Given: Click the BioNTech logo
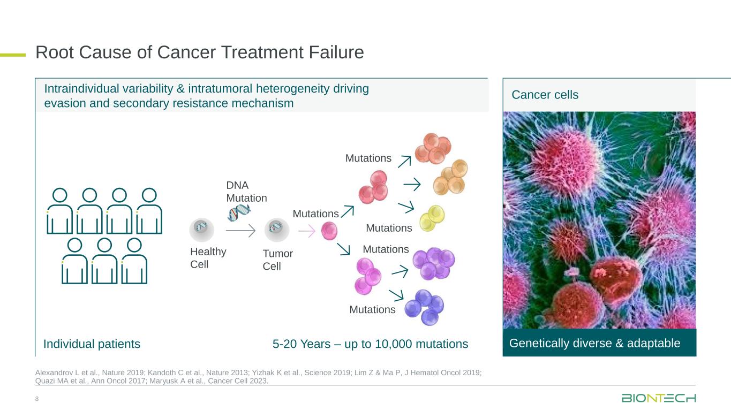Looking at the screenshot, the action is point(659,398).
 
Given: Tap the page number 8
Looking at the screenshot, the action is point(37,399).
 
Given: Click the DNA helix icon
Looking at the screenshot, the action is point(239,212).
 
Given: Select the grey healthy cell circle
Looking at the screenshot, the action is point(202,230).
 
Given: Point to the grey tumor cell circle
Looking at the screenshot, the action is point(277,230).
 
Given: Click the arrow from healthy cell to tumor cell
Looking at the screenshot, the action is point(240,230).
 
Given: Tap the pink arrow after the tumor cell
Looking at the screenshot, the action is point(307,231).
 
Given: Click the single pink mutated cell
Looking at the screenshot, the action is point(329,231).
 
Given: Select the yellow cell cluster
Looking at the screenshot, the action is point(432,218).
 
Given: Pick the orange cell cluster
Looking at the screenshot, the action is point(450,177).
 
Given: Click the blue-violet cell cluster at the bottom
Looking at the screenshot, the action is point(424,307).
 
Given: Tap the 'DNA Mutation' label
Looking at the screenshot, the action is point(246,192).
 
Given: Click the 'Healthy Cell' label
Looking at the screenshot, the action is point(208,258).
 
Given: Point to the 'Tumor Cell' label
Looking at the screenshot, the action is point(278,260).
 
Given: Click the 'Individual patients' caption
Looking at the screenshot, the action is point(92,344).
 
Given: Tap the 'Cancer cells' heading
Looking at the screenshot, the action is point(545,95).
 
